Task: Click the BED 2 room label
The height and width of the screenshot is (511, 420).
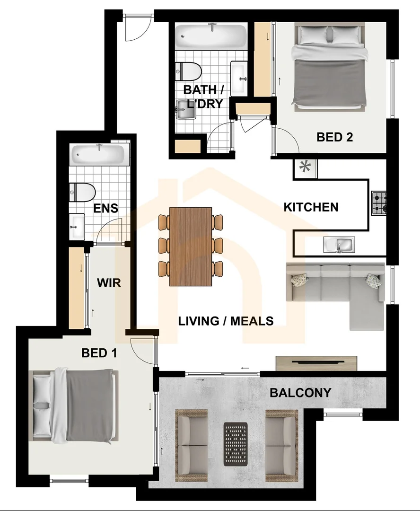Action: (335, 137)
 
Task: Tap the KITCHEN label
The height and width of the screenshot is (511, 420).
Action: (311, 207)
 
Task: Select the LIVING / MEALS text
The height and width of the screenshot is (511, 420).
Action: (226, 321)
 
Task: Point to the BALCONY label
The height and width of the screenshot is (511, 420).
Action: (300, 392)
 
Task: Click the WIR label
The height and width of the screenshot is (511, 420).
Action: (109, 283)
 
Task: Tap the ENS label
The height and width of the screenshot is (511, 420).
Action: (105, 209)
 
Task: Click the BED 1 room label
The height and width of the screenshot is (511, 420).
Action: (99, 353)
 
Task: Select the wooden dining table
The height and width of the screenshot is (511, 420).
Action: (191, 246)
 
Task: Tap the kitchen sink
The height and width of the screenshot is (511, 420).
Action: (339, 245)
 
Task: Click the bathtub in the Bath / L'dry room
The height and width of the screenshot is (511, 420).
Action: (210, 35)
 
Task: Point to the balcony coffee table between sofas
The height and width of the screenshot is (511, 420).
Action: (236, 444)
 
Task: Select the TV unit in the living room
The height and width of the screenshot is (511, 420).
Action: (316, 363)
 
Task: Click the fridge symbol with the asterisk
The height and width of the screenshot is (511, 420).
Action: (306, 167)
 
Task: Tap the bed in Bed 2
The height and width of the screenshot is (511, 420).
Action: (330, 69)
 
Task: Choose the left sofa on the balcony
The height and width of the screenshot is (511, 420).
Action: (192, 444)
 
